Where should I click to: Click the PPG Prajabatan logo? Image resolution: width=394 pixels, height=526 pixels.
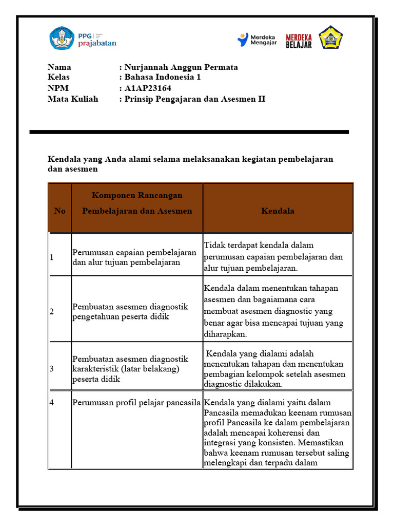pyautogui.click(x=83, y=39)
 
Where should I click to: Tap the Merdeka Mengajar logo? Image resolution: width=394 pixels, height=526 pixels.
pyautogui.click(x=257, y=40)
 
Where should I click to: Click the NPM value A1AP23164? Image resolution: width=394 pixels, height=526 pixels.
pyautogui.click(x=148, y=88)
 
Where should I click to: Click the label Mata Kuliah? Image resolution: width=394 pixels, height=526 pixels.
pyautogui.click(x=73, y=99)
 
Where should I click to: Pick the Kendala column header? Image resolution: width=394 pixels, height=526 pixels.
pyautogui.click(x=278, y=211)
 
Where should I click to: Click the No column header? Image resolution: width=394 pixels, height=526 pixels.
pyautogui.click(x=60, y=211)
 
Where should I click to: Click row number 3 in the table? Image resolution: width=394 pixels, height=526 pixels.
pyautogui.click(x=52, y=369)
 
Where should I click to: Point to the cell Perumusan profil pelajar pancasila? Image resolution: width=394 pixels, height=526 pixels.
pyautogui.click(x=137, y=402)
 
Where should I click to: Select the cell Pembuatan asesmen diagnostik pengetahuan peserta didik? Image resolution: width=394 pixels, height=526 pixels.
pyautogui.click(x=130, y=311)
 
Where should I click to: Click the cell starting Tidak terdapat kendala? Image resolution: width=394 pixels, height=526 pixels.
pyautogui.click(x=273, y=256)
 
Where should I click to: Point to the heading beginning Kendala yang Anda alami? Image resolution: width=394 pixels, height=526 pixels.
pyautogui.click(x=190, y=163)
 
